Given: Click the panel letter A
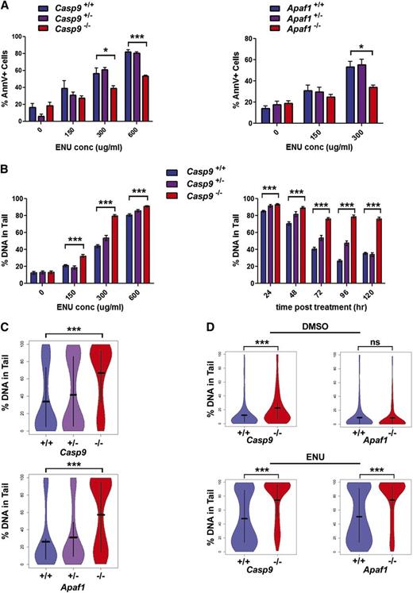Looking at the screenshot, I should [7, 6].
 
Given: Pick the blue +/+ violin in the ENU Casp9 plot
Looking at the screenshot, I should [245, 524].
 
